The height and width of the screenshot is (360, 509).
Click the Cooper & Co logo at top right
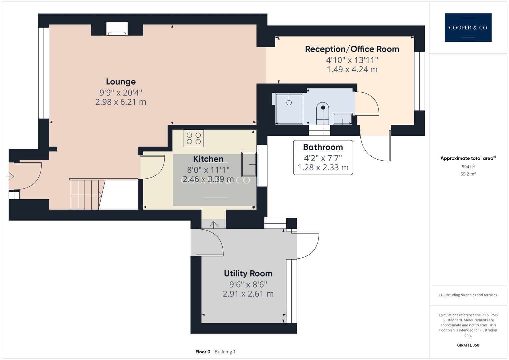click(x=468, y=28)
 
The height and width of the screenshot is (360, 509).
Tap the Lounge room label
click(x=121, y=82)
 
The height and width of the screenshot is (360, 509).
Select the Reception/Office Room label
click(x=352, y=49)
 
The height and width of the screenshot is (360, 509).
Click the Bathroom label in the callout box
click(x=323, y=147)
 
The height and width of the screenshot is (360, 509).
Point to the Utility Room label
click(x=248, y=273)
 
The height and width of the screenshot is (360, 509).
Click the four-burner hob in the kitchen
click(x=194, y=138)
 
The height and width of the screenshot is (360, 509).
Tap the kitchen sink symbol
click(x=249, y=164)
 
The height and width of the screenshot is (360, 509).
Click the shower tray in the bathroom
click(x=289, y=108)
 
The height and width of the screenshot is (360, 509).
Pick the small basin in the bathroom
click(x=343, y=119)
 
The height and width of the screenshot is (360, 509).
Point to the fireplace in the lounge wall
click(x=117, y=30)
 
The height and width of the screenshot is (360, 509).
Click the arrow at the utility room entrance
click(x=213, y=224)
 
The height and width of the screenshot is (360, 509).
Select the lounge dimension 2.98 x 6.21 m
click(x=121, y=102)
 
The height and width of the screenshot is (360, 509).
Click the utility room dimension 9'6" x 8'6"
click(x=248, y=284)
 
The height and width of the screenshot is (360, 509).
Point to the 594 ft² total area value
click(x=468, y=167)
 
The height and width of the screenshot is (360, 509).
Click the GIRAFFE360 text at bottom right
click(x=468, y=345)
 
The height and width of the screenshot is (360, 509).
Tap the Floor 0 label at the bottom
click(x=203, y=352)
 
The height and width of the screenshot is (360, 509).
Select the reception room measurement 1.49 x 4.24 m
click(x=352, y=69)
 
